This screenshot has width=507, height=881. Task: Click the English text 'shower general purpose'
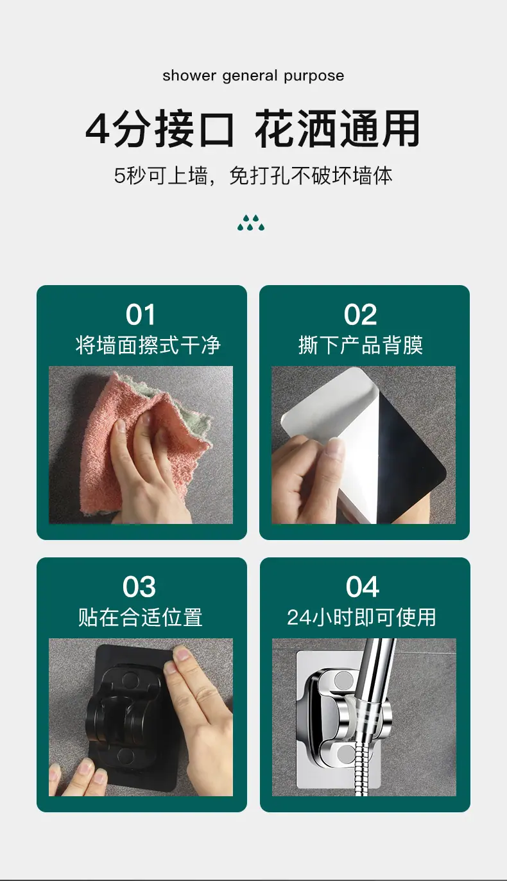coord(253,76)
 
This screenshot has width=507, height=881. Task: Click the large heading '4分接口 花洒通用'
coord(253,129)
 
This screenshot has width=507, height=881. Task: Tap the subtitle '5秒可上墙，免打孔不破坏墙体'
coord(253,175)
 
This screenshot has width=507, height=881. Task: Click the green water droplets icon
coord(251,223)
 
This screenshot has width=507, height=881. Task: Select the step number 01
coord(141,315)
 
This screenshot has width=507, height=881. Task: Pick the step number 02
coord(361,315)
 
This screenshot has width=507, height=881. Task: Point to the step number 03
coord(139,587)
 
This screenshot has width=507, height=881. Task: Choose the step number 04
coord(363,587)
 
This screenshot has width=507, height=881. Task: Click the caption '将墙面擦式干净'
coord(148,345)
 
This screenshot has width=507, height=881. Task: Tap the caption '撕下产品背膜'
coord(361,345)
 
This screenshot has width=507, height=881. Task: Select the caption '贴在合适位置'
coord(141,617)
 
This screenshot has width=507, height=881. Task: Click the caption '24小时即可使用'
coord(361,617)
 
